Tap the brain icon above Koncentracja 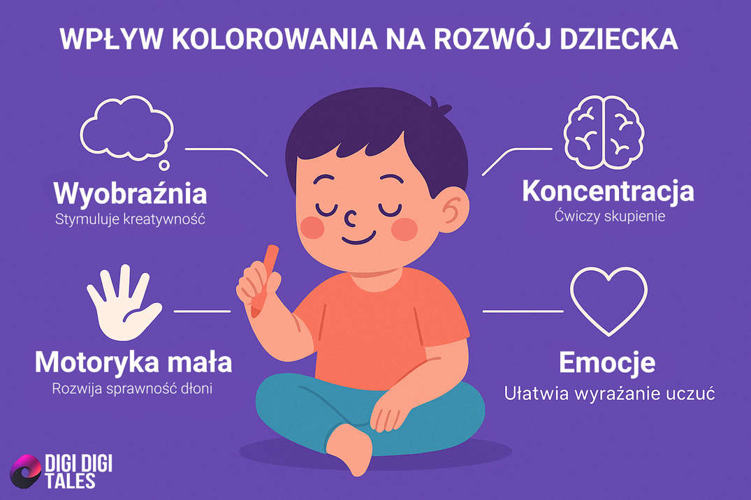tap(602, 133)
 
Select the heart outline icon tap(608, 300)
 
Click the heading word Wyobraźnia tap(130, 192)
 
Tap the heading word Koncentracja tap(608, 191)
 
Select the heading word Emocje tap(607, 363)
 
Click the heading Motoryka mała tap(133, 363)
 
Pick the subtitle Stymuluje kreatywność tap(130, 219)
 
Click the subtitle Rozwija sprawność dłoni tap(132, 388)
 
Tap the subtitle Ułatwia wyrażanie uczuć tap(608, 393)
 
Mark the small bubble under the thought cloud tap(163, 166)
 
